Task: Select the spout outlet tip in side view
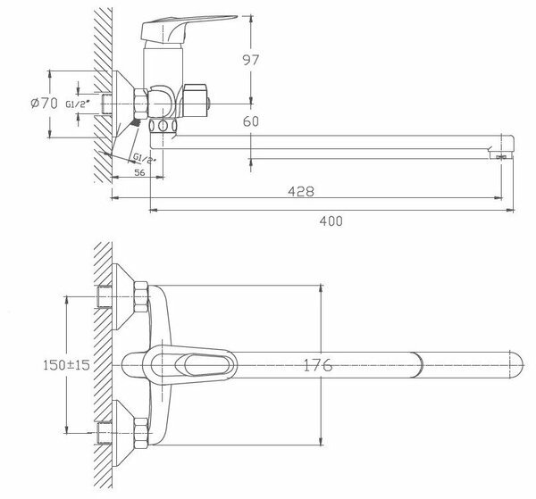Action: (x=502, y=149)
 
